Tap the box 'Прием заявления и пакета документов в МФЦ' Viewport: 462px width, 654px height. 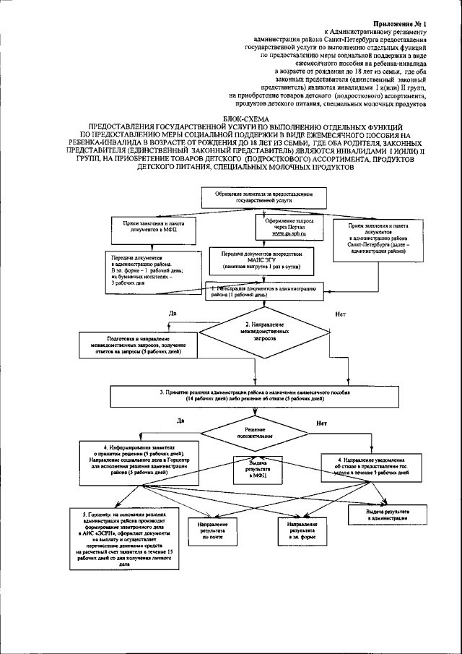[149, 228]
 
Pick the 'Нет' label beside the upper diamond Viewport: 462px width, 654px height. [339, 314]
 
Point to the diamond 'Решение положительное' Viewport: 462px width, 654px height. [260, 433]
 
